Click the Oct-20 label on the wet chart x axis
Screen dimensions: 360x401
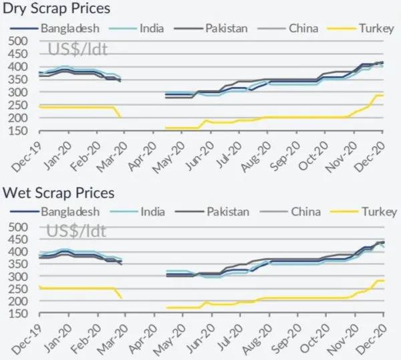coord(317,334)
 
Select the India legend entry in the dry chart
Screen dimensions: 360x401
coord(153,29)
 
